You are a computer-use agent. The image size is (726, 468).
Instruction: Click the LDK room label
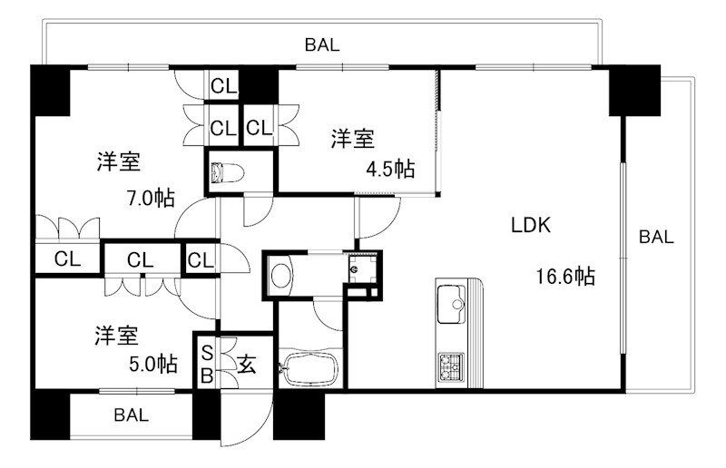click(x=531, y=225)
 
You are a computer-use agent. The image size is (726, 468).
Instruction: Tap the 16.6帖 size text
click(x=565, y=277)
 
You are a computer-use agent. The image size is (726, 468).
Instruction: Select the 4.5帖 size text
click(x=390, y=169)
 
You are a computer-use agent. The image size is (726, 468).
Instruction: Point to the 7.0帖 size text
click(x=151, y=198)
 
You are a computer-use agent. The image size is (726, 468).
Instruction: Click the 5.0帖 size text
click(x=152, y=364)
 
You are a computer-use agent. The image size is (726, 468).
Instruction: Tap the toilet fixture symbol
click(x=227, y=173)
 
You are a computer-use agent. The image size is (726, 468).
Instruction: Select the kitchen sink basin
click(x=451, y=304)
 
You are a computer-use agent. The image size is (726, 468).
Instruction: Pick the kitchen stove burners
click(x=451, y=366)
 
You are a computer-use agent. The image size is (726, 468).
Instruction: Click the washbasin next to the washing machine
click(x=281, y=276)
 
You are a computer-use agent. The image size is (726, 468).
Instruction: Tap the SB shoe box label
click(x=207, y=365)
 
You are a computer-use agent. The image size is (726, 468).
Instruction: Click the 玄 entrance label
click(x=246, y=365)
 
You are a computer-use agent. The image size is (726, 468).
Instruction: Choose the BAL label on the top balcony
click(x=322, y=45)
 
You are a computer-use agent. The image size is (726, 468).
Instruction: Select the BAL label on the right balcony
click(x=656, y=237)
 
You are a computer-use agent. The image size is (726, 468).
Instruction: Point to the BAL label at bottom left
click(x=131, y=414)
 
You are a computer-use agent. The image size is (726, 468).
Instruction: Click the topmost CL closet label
click(x=223, y=86)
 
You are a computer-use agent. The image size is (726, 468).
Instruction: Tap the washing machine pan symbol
click(x=361, y=268)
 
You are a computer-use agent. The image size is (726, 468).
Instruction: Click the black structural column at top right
click(x=634, y=91)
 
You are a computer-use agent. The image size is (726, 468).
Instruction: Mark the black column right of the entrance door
click(x=299, y=414)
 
